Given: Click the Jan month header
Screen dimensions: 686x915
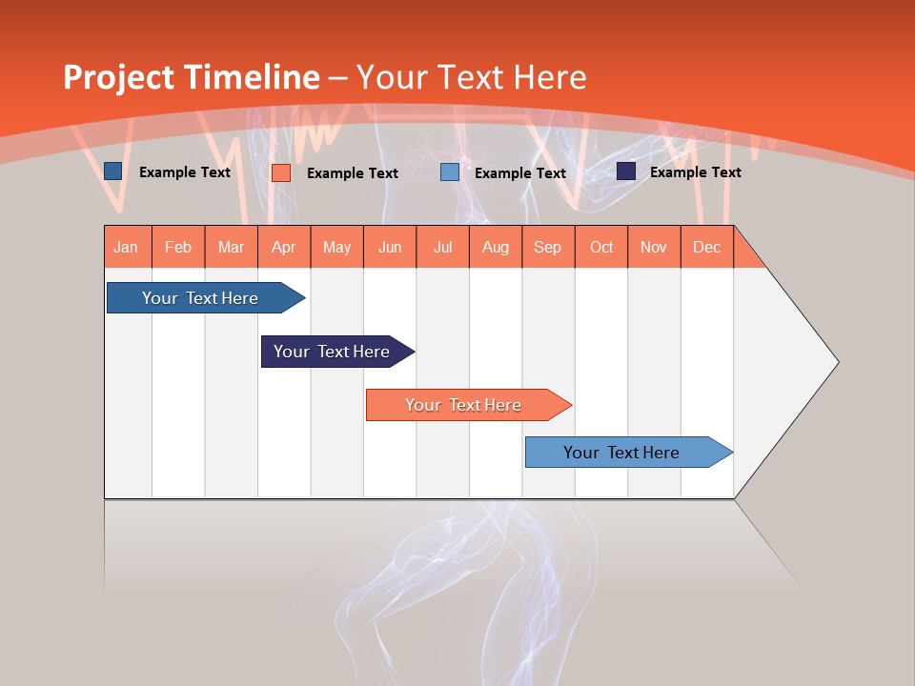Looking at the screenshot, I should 127,247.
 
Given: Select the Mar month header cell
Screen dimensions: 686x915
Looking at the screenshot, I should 231,247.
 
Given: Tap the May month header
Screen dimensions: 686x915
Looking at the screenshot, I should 336,247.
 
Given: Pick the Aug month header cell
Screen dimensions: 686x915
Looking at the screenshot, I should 495,247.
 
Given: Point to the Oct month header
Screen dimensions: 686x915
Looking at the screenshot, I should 600,247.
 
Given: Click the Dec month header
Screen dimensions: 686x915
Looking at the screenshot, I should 706,247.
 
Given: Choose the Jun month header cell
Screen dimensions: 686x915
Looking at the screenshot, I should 390,247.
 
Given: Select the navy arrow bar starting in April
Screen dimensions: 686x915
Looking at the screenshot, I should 335,352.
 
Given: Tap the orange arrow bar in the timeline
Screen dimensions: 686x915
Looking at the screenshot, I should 465,405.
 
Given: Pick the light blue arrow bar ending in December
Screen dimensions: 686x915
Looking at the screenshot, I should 624,453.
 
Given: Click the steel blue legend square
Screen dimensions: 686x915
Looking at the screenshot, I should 113,171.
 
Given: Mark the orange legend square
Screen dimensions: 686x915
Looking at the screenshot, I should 281,172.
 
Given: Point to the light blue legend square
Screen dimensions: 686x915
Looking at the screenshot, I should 450,172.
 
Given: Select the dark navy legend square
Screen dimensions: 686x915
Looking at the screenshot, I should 626,171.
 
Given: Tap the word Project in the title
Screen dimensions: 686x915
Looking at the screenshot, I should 118,77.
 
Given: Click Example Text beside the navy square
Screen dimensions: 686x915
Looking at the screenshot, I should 695,171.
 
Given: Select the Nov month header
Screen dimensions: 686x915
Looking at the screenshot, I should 653,247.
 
